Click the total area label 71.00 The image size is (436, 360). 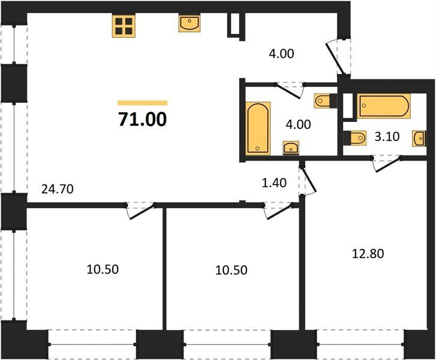(x=142, y=119)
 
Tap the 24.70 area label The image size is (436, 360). (x=57, y=189)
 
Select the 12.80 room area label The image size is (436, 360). (x=368, y=254)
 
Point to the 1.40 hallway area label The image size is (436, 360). (x=274, y=183)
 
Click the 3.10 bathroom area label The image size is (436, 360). (x=387, y=137)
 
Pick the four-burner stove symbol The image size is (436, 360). (x=124, y=26)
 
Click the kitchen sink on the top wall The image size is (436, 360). (x=189, y=23)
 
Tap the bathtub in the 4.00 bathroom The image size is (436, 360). (x=258, y=128)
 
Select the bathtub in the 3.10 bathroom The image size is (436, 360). (x=384, y=106)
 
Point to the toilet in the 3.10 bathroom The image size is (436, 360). (x=355, y=138)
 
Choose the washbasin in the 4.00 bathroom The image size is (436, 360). (x=291, y=147)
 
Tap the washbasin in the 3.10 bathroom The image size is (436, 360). (x=419, y=139)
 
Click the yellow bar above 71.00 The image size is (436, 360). (x=143, y=103)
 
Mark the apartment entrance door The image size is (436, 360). (x=336, y=58)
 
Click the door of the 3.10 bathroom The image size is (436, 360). (x=387, y=164)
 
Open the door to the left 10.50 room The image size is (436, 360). (x=141, y=211)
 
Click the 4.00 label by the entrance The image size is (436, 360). (x=282, y=54)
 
